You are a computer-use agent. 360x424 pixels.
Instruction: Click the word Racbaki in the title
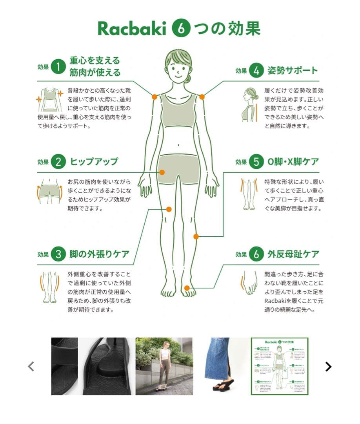132,29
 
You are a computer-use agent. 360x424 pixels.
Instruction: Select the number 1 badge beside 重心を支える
58,67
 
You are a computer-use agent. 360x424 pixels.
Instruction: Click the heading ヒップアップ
94,161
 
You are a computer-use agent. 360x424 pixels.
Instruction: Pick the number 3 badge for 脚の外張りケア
58,254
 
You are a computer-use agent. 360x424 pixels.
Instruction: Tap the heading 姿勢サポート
292,71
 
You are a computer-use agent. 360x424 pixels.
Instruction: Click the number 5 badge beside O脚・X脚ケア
256,162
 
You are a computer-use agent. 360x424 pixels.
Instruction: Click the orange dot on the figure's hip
162,172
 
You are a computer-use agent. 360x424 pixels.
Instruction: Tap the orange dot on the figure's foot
187,288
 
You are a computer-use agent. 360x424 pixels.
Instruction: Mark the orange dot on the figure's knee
196,236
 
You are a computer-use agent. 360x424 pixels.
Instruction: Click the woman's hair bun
188,78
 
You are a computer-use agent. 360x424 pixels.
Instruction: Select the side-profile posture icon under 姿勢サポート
250,104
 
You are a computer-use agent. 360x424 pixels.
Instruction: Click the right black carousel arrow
328,367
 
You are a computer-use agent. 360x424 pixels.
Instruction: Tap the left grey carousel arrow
31,367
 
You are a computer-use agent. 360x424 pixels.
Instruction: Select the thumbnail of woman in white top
164,366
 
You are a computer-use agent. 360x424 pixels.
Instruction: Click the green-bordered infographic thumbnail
279,366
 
